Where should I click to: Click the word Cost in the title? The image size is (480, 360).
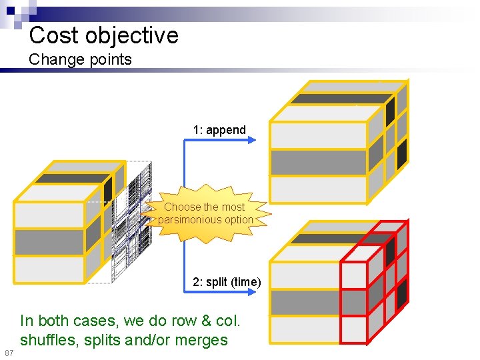[x=54, y=35]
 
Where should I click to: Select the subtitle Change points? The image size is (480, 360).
[x=80, y=59]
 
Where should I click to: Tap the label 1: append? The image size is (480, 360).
[x=219, y=130]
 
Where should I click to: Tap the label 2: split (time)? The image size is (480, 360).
[x=227, y=282]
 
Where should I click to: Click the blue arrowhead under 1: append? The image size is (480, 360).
[x=251, y=139]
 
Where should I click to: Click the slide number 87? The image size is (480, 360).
[x=9, y=352]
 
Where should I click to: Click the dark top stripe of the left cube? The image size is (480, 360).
[x=72, y=179]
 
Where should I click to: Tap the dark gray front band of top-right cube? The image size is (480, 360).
[x=318, y=162]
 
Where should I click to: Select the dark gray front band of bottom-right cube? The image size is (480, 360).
[x=305, y=303]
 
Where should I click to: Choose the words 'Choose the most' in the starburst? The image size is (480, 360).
[x=204, y=207]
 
